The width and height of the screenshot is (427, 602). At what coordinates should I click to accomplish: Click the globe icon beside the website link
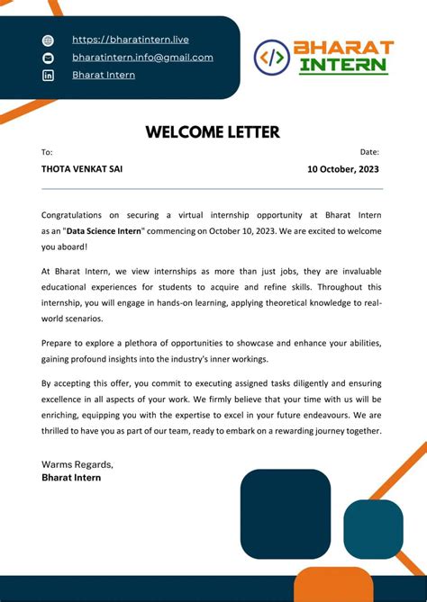point(49,40)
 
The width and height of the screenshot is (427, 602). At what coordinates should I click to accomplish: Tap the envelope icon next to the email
point(49,58)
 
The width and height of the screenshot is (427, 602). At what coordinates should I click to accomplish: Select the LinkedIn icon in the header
point(49,76)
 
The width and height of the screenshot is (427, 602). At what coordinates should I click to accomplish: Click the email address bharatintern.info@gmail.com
point(142,58)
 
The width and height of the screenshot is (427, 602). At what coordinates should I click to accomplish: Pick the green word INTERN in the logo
point(344,66)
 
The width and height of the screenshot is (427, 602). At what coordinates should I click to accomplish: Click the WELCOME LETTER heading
point(213,132)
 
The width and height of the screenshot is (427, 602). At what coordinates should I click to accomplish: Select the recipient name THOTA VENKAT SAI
point(82,169)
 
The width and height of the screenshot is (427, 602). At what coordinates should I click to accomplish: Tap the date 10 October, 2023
point(343,169)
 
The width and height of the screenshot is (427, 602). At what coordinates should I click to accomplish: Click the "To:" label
point(47,152)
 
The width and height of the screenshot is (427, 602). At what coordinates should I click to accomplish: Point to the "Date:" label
point(369,152)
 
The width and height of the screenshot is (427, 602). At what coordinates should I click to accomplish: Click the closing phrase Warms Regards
point(77,464)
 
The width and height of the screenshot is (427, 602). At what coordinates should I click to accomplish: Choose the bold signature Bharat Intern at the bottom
point(71,478)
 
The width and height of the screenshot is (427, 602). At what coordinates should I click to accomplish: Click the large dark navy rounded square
point(286,515)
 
